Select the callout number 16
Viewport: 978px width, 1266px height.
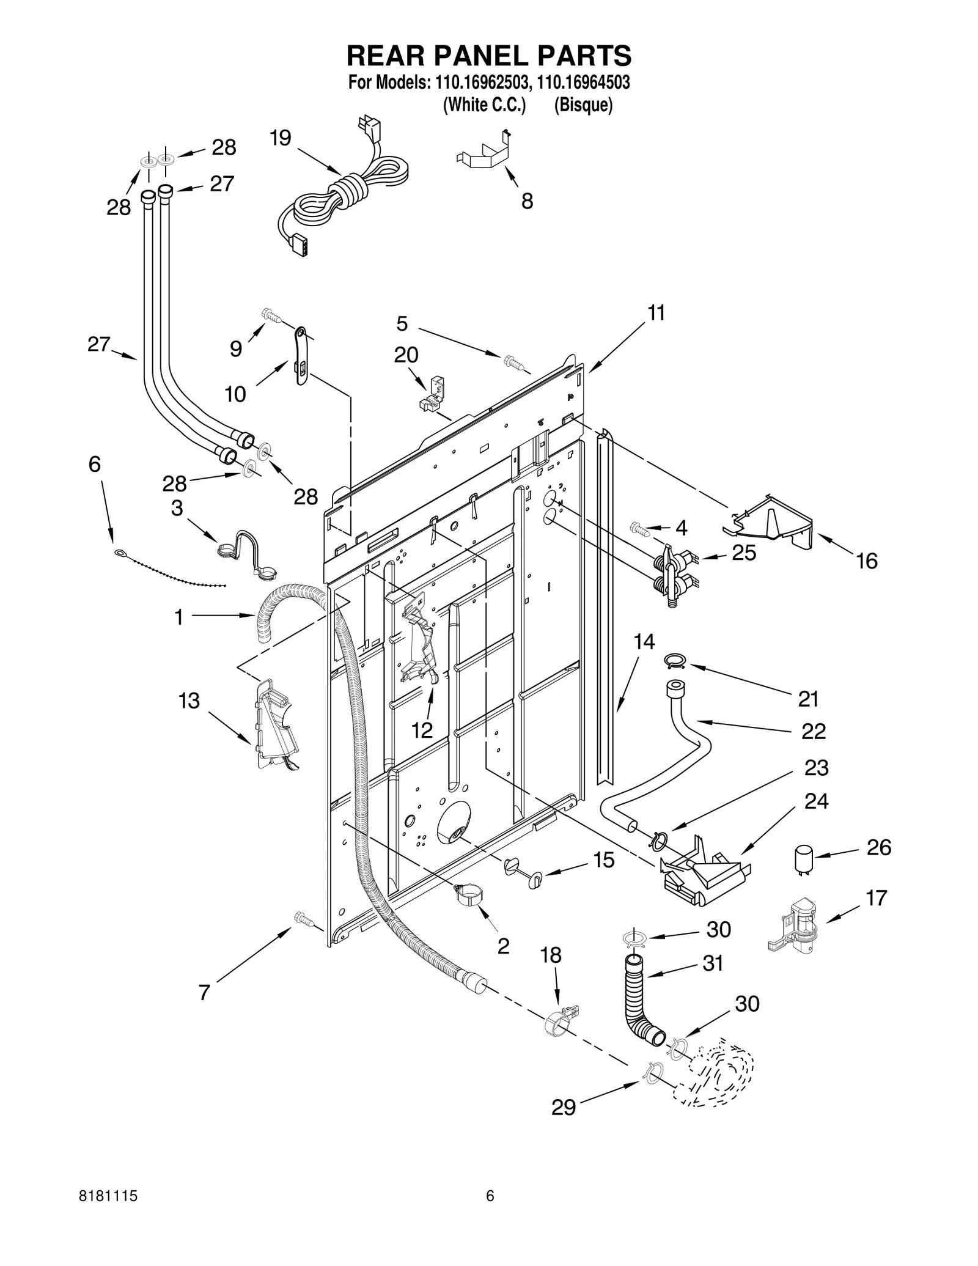[867, 561]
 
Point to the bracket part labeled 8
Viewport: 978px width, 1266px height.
[484, 154]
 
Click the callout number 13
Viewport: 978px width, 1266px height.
[189, 701]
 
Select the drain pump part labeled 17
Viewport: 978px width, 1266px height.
[795, 927]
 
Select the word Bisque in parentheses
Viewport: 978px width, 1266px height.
[583, 105]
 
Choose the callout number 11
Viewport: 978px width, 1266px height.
[656, 313]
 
